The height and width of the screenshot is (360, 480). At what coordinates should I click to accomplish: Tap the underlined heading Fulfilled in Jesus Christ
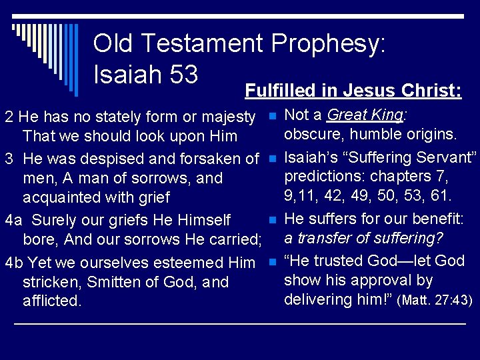point(353,91)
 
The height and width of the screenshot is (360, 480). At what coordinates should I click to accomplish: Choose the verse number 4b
point(14,263)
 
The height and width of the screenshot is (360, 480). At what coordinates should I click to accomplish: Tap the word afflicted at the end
point(52,301)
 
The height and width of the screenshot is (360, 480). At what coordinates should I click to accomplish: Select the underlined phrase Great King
point(365,115)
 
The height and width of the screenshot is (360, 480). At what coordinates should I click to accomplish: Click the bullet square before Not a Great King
point(272,117)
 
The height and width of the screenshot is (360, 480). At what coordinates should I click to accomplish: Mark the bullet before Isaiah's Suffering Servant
point(272,159)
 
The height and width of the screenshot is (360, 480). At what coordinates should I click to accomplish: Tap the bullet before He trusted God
point(272,262)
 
